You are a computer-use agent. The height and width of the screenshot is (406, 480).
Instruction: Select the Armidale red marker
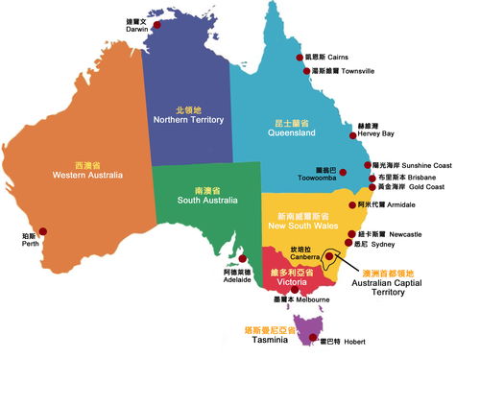pos(352,204)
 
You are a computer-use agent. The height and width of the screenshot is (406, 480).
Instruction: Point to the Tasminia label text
pos(270,340)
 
